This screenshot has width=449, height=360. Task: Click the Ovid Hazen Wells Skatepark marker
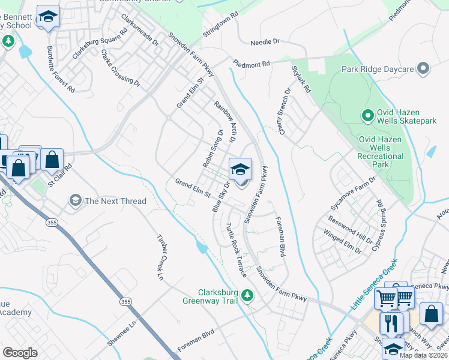pos(367,114)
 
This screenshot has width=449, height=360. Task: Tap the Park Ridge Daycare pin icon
pos(423,69)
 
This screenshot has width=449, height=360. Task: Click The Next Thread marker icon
pos(75,200)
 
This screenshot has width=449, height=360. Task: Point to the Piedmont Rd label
pos(252,62)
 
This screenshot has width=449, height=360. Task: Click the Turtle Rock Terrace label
pos(236,249)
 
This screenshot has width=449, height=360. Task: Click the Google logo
pos(20,352)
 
